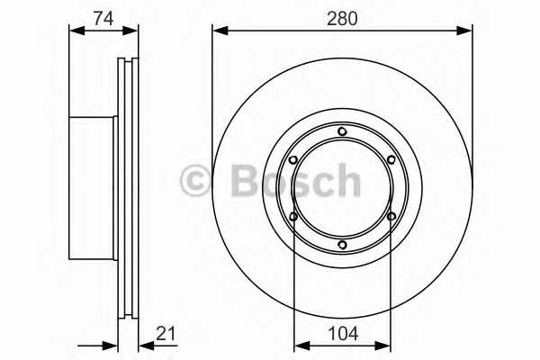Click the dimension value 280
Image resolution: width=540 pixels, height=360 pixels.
click(342, 16)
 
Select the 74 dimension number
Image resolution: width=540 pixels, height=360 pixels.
click(103, 16)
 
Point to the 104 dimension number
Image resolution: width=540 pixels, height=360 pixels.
click(342, 333)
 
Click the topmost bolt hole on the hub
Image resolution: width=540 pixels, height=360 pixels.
click(342, 132)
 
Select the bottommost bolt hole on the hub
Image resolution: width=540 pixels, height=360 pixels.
click(342, 245)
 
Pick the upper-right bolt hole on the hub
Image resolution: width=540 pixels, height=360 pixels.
click(391, 160)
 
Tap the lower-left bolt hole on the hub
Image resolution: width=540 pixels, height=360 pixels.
click(293, 216)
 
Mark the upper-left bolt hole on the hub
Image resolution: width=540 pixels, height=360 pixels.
click(293, 160)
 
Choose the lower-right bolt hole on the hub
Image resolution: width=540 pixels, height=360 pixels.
click(391, 216)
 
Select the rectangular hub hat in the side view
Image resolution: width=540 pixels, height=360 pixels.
click(93, 187)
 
